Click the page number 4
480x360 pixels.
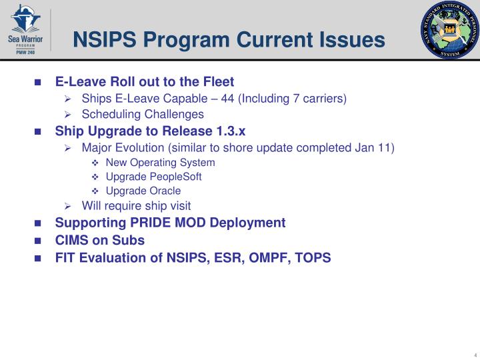click(x=473, y=354)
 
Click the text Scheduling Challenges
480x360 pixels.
click(x=143, y=114)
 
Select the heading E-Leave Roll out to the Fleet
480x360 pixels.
click(x=145, y=82)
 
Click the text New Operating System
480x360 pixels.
click(x=160, y=163)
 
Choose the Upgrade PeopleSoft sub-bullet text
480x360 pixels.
click(x=153, y=177)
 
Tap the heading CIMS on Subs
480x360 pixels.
click(x=99, y=240)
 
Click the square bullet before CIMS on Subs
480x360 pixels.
click(x=39, y=241)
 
